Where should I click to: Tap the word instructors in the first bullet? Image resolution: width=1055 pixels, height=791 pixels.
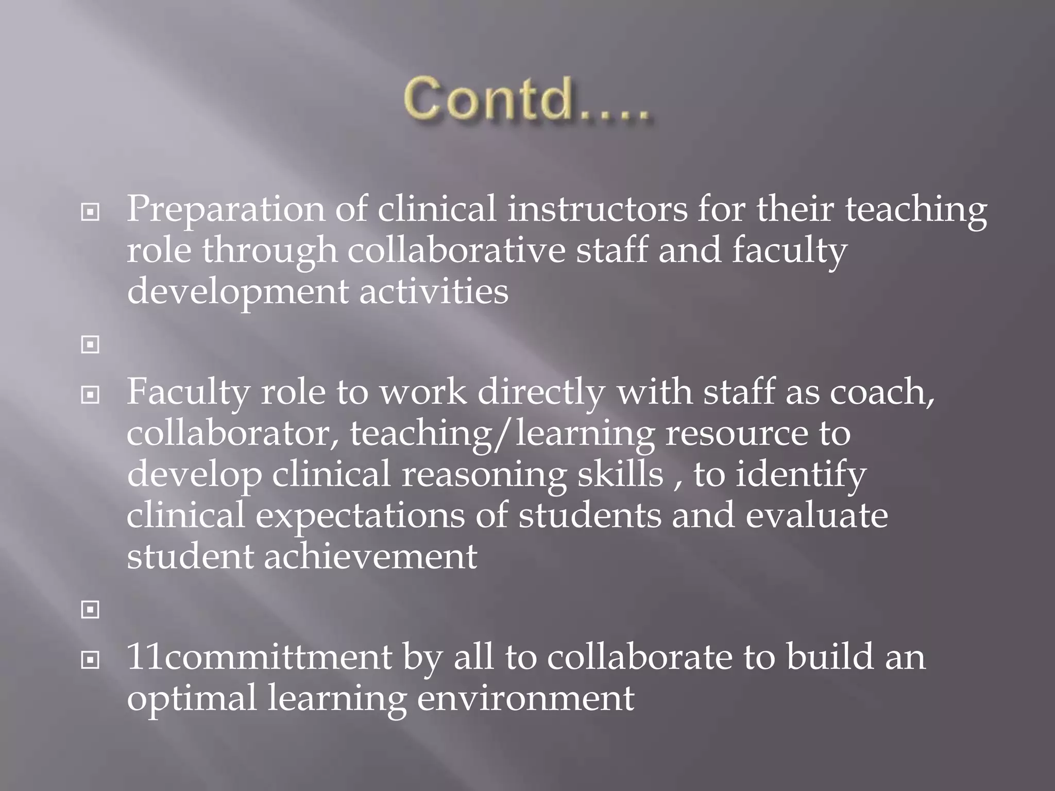point(598,209)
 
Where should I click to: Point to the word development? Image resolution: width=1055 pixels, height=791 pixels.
point(237,292)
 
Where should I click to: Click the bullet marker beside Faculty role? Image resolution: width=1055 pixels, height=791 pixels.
point(90,395)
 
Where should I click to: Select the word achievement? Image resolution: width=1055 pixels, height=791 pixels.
point(370,557)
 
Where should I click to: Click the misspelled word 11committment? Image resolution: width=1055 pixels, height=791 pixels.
point(259,658)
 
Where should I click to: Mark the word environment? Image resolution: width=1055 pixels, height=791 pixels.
point(525,698)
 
